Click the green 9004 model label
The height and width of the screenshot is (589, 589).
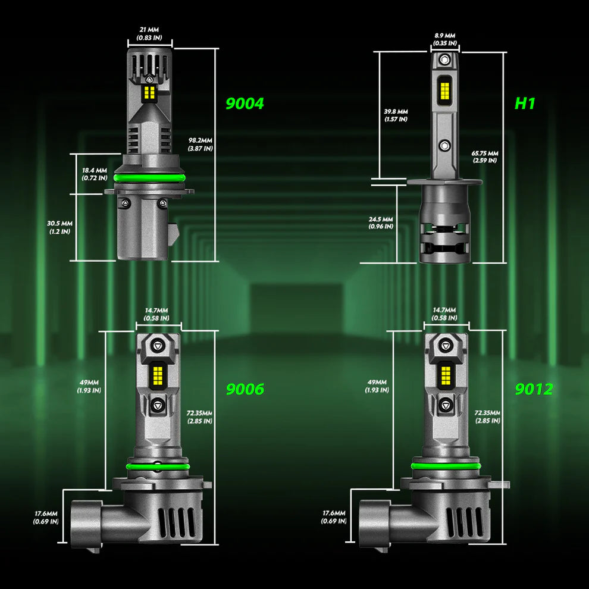245,104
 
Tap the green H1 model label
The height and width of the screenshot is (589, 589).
525,104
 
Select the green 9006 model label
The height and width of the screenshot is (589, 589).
245,389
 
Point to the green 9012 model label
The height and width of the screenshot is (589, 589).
534,389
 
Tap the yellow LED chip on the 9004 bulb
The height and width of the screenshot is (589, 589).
150,92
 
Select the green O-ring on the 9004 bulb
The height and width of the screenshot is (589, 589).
150,178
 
